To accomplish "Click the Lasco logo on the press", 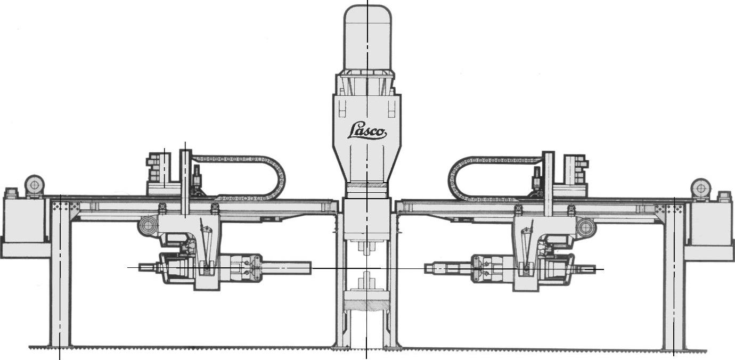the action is coord(367,131).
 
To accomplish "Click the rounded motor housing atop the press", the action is coord(367,38).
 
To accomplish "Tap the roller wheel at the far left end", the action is coord(35,186).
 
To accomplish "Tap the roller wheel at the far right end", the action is coord(700,189).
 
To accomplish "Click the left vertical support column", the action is coord(60,272).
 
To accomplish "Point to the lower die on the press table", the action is coord(366,283).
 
